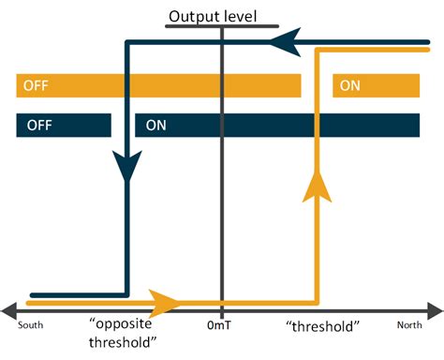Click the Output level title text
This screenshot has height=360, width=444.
point(212,16)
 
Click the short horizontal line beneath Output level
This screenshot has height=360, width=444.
point(212,26)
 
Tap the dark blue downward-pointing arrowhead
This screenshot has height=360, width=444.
point(126,169)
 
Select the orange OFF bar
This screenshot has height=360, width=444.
point(157,86)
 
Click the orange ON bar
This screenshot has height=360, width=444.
point(376,86)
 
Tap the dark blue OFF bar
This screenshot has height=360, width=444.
point(63,126)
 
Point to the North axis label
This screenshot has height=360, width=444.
point(408,326)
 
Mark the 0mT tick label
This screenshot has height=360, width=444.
point(222,326)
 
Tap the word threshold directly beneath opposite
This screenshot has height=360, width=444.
point(122,342)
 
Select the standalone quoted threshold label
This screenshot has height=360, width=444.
point(322,325)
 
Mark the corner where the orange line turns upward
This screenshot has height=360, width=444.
point(320,302)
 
